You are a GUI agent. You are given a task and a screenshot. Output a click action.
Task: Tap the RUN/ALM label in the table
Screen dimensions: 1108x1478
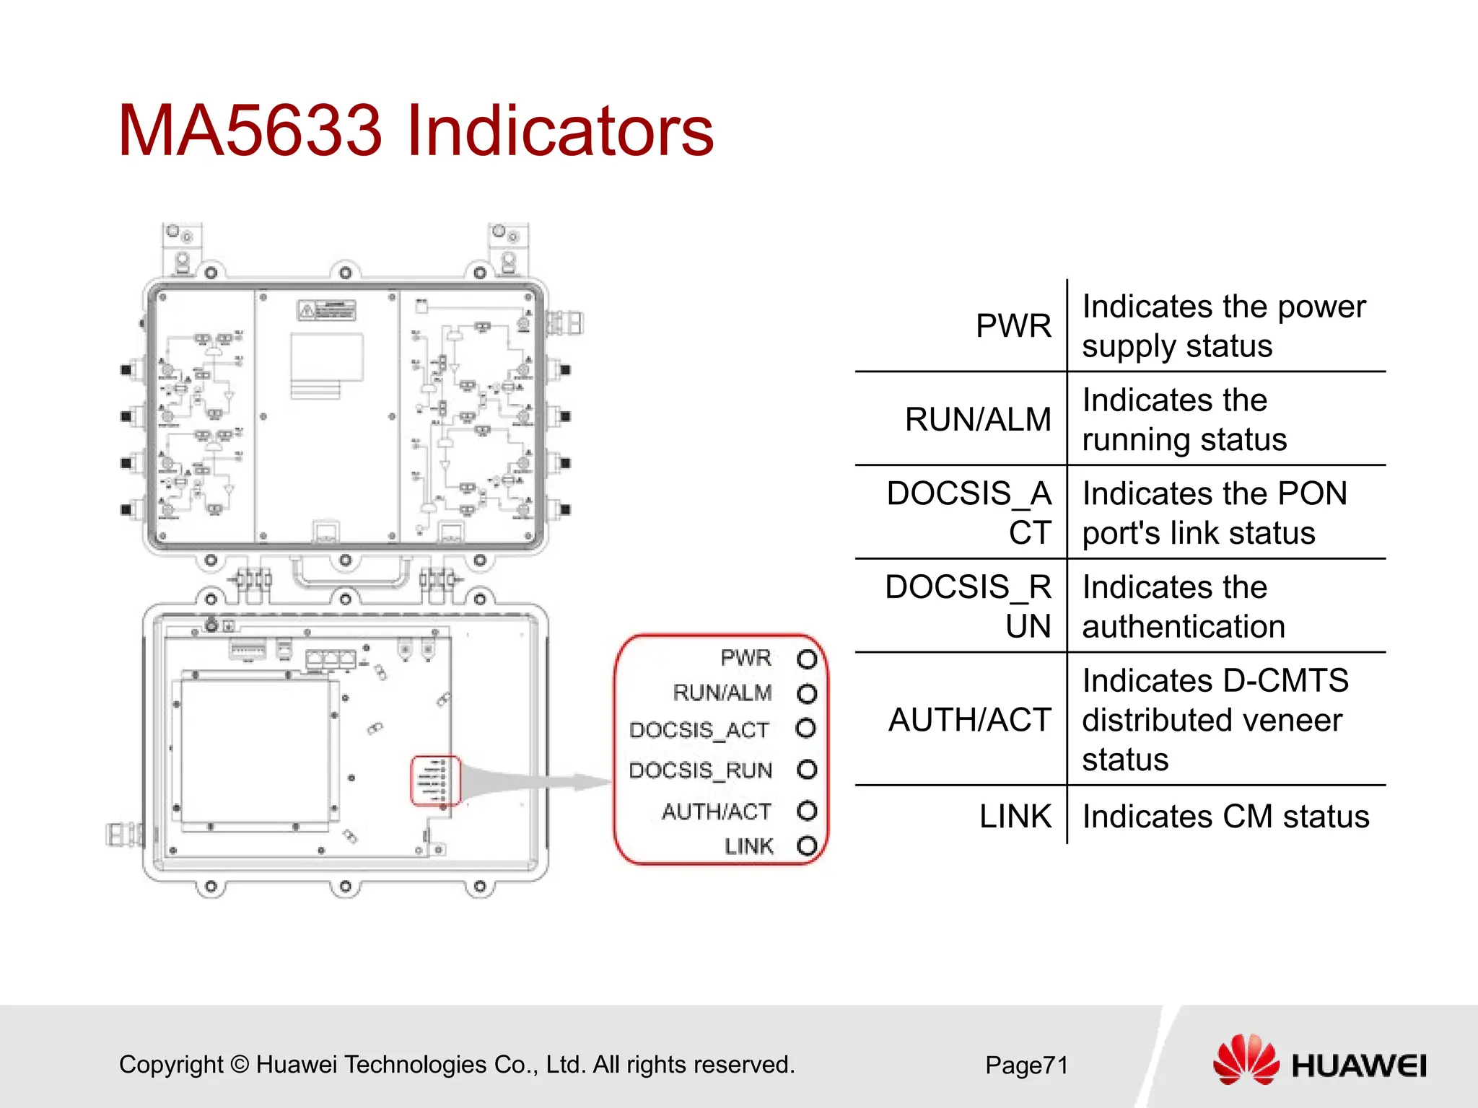(978, 420)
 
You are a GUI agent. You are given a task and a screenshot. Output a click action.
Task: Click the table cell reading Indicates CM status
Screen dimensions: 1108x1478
(1225, 817)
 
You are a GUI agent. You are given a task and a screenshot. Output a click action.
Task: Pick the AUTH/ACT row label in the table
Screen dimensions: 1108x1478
(969, 720)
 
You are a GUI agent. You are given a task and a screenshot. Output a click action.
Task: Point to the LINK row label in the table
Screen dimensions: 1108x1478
(1015, 817)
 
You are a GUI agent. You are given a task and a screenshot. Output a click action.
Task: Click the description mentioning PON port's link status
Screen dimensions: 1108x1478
(1214, 514)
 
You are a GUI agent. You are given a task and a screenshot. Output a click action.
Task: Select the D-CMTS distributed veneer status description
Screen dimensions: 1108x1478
(1215, 720)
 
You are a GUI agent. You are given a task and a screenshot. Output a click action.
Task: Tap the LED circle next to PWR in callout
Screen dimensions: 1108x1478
(807, 659)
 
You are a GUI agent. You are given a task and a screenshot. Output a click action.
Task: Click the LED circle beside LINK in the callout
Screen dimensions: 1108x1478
(807, 845)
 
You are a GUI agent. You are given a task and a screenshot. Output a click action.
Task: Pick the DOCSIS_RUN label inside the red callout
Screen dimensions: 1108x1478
(700, 770)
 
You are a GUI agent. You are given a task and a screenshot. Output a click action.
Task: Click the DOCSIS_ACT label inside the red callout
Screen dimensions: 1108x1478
(699, 730)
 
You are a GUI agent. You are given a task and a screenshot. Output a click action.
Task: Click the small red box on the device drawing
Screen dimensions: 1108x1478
(435, 781)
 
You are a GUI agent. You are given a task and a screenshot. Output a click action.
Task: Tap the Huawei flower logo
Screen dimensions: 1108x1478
(1246, 1060)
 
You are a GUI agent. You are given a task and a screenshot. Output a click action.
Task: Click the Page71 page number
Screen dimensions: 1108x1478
(1026, 1065)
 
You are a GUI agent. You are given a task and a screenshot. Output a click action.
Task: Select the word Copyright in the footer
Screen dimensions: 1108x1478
(171, 1065)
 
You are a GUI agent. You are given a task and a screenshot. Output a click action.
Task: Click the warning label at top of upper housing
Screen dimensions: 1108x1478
(327, 311)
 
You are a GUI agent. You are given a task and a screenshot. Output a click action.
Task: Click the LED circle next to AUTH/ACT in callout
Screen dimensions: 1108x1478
(807, 811)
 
